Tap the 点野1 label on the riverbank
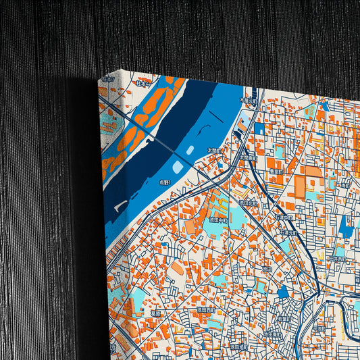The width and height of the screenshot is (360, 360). click(x=165, y=182)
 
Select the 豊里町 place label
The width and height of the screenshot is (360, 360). click(x=275, y=172)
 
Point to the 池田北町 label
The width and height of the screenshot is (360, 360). click(x=247, y=201)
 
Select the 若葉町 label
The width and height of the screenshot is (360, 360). click(x=283, y=314)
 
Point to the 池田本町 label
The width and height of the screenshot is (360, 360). click(x=272, y=334)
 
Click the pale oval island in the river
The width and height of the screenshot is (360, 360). click(x=177, y=167)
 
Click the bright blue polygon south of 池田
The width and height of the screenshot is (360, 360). click(x=282, y=292)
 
